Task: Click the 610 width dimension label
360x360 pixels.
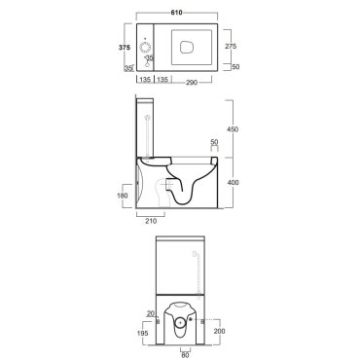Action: (177, 13)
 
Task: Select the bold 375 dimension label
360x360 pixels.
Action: (125, 48)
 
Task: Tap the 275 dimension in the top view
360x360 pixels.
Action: (231, 46)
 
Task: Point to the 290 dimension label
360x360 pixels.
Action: (192, 83)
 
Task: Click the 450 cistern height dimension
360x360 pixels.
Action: (233, 129)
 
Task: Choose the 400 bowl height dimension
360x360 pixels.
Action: (233, 182)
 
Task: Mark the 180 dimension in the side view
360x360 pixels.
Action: (122, 196)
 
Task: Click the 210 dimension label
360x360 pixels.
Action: (151, 221)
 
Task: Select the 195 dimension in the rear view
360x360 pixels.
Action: (143, 333)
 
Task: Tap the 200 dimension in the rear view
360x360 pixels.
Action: (220, 331)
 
